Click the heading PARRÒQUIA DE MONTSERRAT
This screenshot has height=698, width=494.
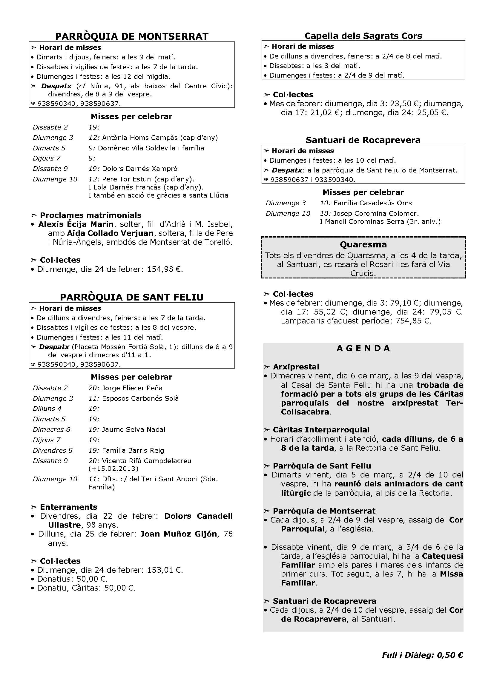click(132, 36)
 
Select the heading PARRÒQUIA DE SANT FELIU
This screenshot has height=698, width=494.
click(132, 297)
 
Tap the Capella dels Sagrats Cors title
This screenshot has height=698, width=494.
click(363, 36)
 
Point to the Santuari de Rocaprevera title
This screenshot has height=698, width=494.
click(363, 140)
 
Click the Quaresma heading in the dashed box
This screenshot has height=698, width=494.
click(363, 244)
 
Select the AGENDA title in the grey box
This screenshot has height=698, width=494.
click(363, 348)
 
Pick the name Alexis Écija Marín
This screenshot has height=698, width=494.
click(76, 224)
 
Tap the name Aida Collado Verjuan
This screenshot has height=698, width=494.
click(110, 233)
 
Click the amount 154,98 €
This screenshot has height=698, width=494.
click(165, 269)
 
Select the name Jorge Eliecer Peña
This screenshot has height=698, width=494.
click(132, 388)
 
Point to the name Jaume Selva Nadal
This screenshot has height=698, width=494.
click(134, 429)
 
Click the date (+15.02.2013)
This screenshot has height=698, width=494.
click(113, 469)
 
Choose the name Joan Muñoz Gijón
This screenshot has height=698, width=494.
click(179, 534)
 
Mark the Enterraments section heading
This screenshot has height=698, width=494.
click(68, 507)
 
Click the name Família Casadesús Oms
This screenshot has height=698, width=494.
click(372, 203)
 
